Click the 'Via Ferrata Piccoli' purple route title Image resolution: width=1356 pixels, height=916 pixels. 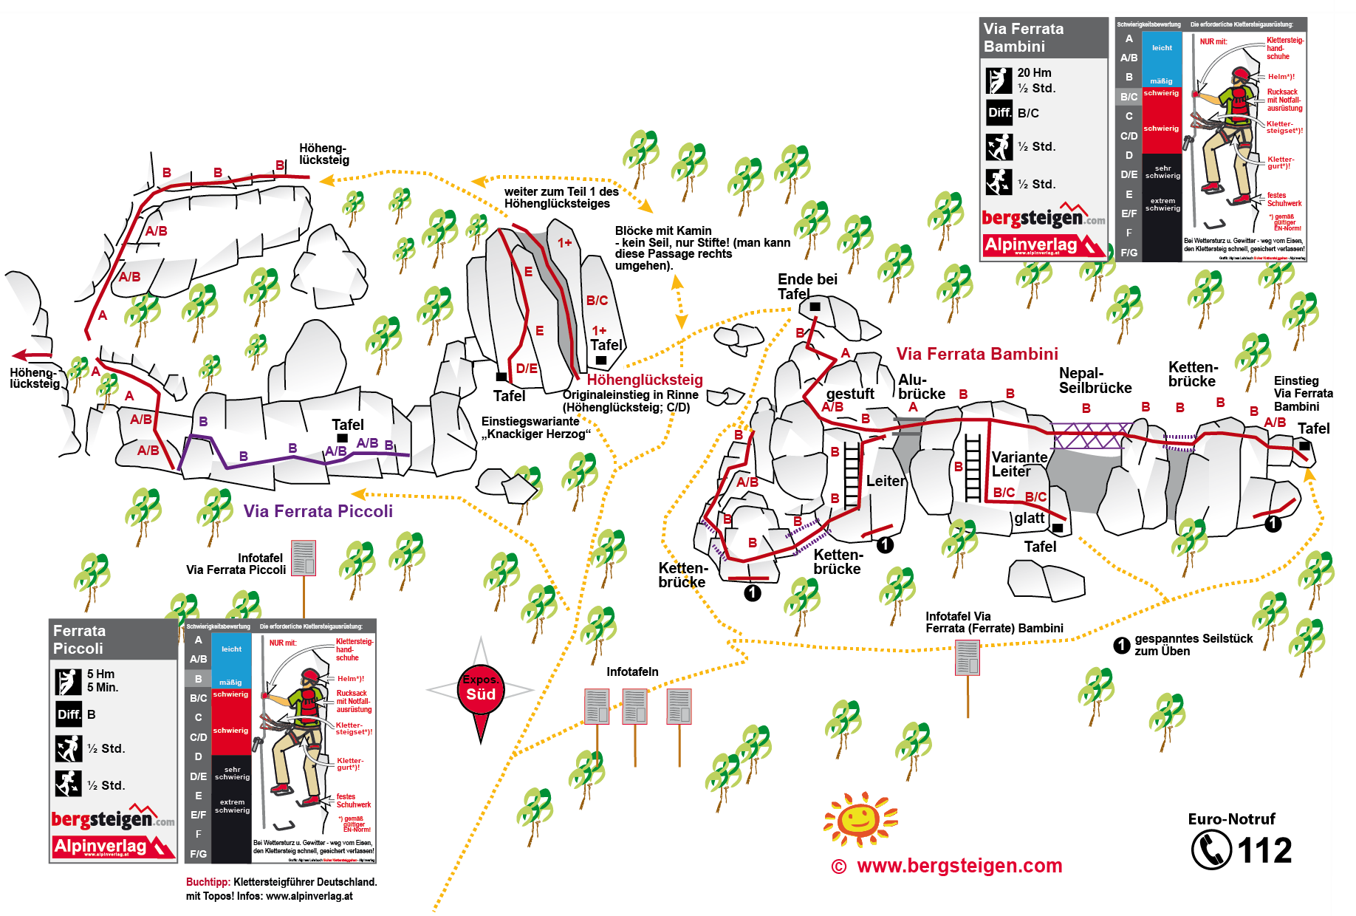pos(318,511)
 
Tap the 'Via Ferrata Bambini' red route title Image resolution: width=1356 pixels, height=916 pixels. pos(976,354)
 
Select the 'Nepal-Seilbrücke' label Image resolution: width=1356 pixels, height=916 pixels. pos(1095,380)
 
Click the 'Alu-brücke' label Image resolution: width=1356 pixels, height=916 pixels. pos(921,387)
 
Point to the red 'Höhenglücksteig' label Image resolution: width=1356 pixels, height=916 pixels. pos(644,380)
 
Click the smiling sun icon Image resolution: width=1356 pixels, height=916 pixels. pos(859,818)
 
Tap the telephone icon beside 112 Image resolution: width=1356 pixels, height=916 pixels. pos(1211,850)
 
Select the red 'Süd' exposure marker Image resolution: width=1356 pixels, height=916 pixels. pos(481,694)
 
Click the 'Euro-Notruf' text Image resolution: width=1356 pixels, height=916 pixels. pos(1231,818)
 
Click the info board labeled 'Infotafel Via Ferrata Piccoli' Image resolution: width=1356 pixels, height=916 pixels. pos(304,558)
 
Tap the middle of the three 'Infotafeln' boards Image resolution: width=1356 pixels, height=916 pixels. pos(634,706)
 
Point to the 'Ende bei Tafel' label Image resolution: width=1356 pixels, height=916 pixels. pos(807,286)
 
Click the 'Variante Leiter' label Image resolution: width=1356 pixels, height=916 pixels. pos(1018,464)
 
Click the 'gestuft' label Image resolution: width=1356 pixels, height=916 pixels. pos(849,394)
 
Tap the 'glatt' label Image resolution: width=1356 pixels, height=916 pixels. pos(1029,518)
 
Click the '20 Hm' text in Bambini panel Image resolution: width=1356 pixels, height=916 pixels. pos(1034,72)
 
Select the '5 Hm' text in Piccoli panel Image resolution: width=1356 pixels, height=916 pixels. pos(100,674)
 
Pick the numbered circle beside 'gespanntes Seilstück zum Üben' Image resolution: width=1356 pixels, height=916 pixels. pos(1121,645)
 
